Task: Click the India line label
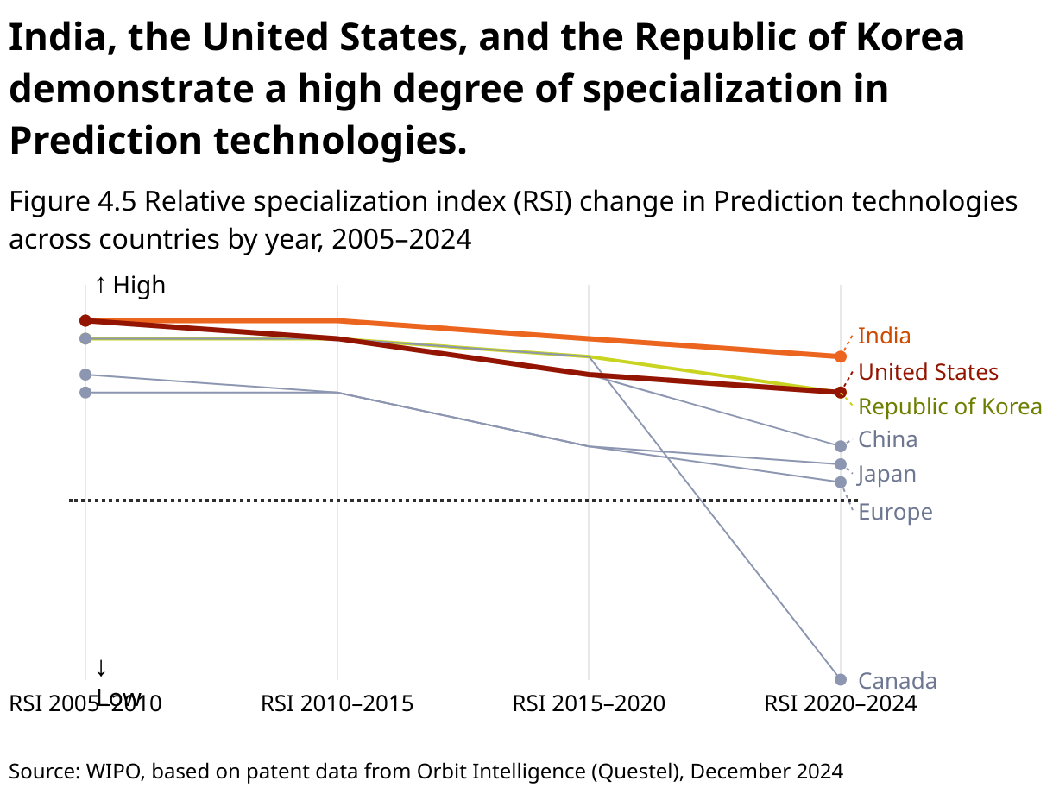pos(885,336)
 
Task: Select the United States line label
pos(929,372)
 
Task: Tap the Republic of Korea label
pos(950,406)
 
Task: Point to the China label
pos(888,439)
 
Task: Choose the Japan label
pos(887,474)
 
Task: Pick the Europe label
pos(895,512)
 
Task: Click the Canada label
pos(898,681)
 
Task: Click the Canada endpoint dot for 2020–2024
pos(841,680)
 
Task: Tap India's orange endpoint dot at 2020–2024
pos(841,356)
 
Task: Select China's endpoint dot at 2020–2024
pos(841,446)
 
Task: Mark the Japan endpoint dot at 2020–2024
pos(841,464)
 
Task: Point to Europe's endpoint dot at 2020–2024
pos(841,482)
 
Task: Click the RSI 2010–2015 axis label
pos(337,703)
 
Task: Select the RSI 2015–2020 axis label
pos(589,703)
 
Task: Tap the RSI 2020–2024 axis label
pos(841,703)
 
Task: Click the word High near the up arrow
pos(139,286)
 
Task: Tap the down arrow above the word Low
pos(101,668)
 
